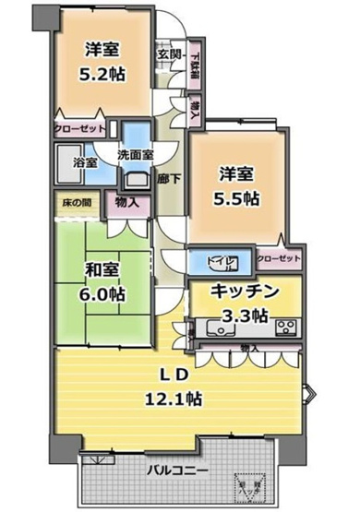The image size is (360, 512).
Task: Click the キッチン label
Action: [x=245, y=292]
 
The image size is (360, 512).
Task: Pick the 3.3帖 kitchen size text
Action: [x=248, y=315]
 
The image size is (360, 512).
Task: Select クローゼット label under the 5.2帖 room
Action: [x=78, y=130]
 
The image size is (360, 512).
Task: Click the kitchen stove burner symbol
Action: [x=284, y=327]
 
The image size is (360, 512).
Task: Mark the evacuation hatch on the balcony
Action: [x=246, y=484]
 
